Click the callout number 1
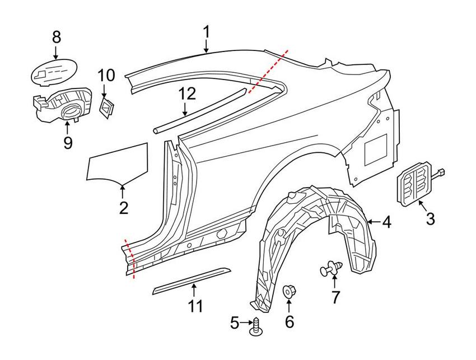click(x=207, y=31)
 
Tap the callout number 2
click(x=124, y=208)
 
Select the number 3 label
click(x=430, y=219)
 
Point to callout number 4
click(x=387, y=222)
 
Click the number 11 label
click(x=194, y=306)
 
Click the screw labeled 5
click(x=258, y=327)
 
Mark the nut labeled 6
click(x=290, y=292)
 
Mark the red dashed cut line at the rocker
click(x=130, y=258)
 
